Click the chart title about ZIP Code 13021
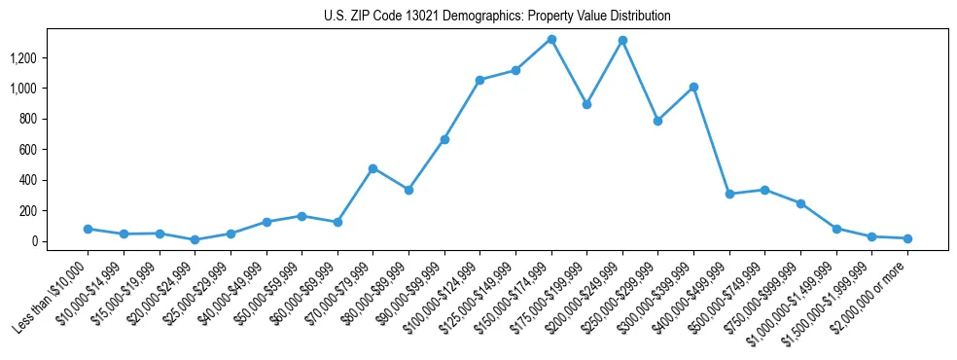(x=497, y=16)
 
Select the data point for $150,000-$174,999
(x=551, y=40)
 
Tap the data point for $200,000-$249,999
(x=622, y=41)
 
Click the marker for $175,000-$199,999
(x=586, y=104)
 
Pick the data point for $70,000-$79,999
(x=372, y=168)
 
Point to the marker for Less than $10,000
(x=88, y=229)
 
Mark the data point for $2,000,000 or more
(x=907, y=238)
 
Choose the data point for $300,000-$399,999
(x=693, y=88)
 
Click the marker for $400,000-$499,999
(x=729, y=194)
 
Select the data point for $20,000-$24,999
(x=195, y=239)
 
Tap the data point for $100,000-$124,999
(x=479, y=80)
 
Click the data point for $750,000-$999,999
(x=800, y=203)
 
